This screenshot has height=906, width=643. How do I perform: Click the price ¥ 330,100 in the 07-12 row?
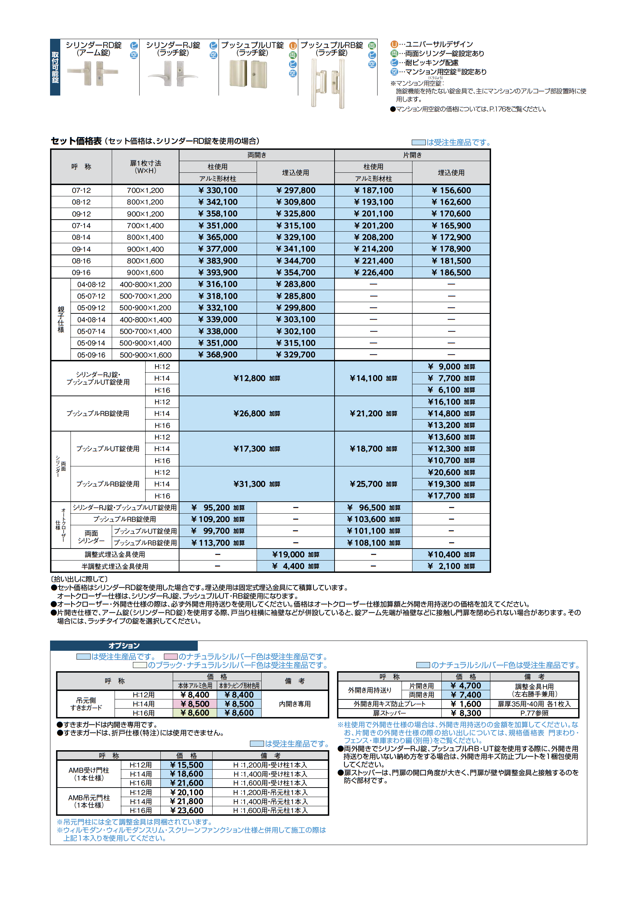(218, 190)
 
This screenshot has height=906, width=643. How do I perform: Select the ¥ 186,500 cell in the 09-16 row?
(451, 273)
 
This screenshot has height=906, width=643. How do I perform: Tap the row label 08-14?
(81, 237)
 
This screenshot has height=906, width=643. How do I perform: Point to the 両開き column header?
(257, 155)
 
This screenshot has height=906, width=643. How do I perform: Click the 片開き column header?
(412, 155)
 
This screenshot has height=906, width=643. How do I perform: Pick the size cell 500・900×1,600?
(145, 355)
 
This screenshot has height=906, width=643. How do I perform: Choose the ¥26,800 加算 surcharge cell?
(257, 414)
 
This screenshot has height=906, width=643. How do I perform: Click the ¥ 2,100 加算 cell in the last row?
(451, 566)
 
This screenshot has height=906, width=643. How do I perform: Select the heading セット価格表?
(76, 141)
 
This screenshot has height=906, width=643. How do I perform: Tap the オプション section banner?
(124, 645)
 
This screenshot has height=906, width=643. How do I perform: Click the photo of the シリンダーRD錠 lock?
(93, 73)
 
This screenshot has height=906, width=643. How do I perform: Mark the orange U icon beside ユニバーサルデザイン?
(394, 44)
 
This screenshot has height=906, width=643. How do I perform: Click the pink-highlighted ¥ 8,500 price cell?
(195, 704)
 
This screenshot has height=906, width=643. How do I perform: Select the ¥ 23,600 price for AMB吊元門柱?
(186, 810)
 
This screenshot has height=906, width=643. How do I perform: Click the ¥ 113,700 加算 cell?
(218, 543)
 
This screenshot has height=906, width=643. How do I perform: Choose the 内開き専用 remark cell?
(295, 704)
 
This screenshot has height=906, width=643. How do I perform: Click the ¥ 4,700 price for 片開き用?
(466, 686)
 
